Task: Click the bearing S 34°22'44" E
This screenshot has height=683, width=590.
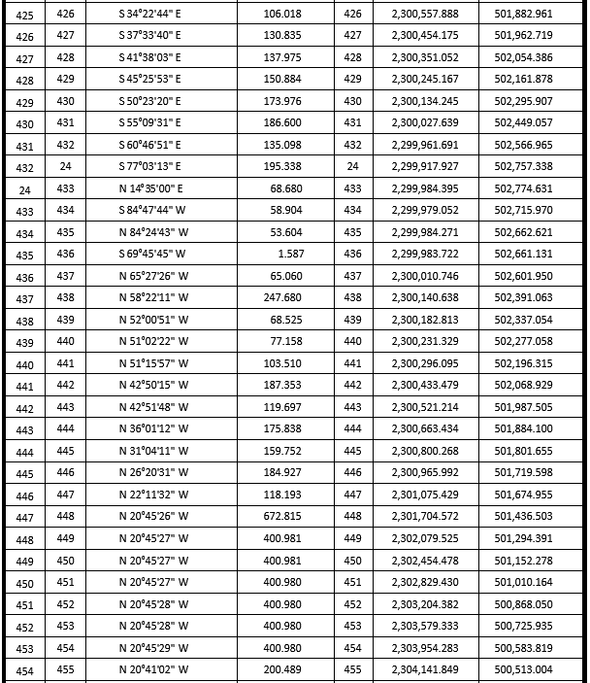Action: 149,14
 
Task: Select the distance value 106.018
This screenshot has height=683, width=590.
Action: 282,14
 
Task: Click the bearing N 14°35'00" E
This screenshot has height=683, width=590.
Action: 149,188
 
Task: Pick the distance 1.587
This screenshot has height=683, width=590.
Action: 291,254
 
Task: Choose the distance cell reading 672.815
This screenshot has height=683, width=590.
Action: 282,516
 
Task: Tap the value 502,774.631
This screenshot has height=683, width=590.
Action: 523,188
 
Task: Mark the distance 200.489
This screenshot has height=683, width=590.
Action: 282,669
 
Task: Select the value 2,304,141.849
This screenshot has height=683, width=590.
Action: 425,669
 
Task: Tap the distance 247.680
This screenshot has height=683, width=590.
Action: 282,297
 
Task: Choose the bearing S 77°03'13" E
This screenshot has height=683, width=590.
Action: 149,166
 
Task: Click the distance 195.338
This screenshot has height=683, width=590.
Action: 282,166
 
